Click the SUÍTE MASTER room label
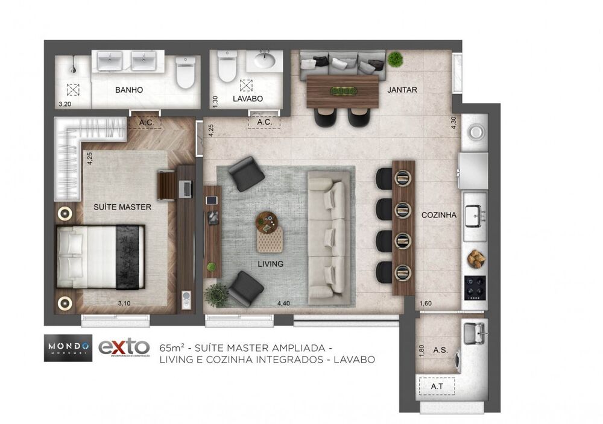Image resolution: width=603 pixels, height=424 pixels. (122, 207)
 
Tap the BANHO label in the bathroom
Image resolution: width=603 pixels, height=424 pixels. (128, 90)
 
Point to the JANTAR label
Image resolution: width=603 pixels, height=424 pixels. (403, 90)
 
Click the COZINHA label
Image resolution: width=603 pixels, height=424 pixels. (438, 214)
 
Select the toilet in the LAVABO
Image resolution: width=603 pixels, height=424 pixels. (227, 67)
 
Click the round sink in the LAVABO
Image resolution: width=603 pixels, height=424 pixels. (264, 61)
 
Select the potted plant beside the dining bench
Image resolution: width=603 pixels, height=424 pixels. (395, 59)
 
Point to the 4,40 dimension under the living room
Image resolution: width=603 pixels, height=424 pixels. (284, 304)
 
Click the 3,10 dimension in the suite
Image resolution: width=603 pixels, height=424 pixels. (124, 304)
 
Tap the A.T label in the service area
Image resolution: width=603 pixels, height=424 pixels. (437, 386)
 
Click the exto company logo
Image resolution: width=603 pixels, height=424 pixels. (124, 348)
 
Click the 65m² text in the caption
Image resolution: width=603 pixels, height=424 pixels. (171, 348)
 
